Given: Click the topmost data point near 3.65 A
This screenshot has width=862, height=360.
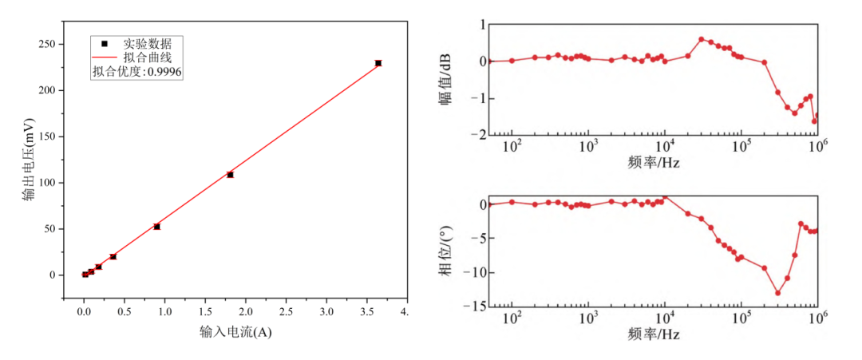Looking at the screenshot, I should (378, 63).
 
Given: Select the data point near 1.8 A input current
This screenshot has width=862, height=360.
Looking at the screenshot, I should (230, 174).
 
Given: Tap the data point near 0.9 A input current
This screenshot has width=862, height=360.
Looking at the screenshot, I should (157, 227).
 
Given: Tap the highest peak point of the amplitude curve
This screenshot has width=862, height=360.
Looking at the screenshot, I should (702, 39).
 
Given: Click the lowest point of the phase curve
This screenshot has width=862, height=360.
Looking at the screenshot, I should (777, 293).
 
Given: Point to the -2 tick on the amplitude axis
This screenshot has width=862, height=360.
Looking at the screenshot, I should (476, 134).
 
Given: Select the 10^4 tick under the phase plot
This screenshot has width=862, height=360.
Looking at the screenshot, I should (664, 319).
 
